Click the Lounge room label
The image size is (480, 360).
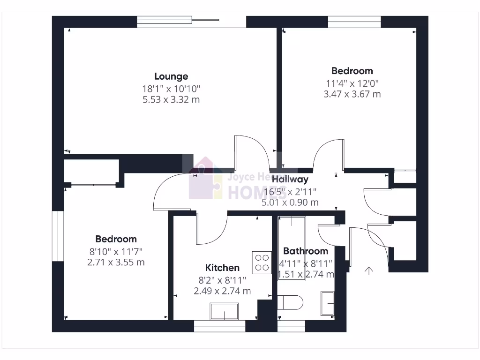[x=171, y=76]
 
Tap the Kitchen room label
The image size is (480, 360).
[x=222, y=268]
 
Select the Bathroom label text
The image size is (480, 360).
[x=305, y=251]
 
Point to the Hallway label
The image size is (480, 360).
[x=290, y=179]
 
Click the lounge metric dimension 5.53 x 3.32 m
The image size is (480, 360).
[x=171, y=99]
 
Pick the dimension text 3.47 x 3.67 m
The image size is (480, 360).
[x=352, y=94]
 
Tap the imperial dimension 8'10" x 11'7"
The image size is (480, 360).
[x=116, y=251]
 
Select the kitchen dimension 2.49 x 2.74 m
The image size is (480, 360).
[x=222, y=291]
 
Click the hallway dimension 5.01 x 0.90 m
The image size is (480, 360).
[x=290, y=202]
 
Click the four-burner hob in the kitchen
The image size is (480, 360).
[x=262, y=262]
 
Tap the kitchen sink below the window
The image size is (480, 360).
[x=224, y=311]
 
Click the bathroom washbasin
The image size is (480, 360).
[x=327, y=303]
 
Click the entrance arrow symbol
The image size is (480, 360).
[x=369, y=270]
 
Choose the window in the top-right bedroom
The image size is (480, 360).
[x=354, y=22]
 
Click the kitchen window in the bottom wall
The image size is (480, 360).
[x=219, y=327]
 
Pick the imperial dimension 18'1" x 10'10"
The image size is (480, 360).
[x=171, y=88]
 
